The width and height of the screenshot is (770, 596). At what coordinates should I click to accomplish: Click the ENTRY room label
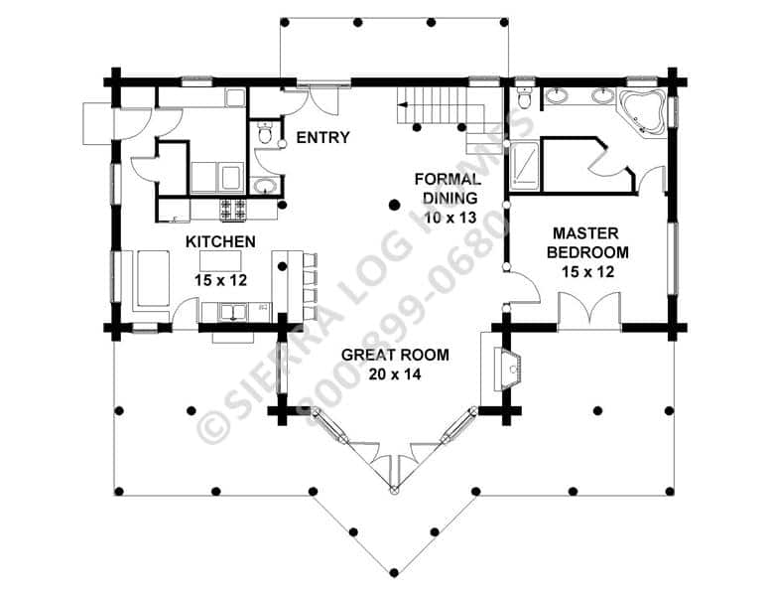[322, 137]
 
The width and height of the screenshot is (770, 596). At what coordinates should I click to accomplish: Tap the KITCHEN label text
[220, 241]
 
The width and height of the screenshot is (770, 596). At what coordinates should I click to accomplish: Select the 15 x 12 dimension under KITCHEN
[220, 280]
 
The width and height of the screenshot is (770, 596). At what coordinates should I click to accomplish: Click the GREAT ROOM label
[395, 355]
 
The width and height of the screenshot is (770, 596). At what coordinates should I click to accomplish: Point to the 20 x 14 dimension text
[395, 374]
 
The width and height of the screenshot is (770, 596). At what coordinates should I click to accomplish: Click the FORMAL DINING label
[448, 189]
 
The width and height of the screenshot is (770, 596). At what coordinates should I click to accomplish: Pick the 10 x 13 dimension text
[450, 217]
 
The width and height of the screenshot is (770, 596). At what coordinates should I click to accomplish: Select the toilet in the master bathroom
[525, 98]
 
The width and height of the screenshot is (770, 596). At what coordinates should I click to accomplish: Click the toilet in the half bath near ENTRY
[265, 133]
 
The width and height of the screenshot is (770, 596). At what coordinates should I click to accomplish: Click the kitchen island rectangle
[220, 261]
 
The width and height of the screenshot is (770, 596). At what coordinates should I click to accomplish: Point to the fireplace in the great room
[507, 369]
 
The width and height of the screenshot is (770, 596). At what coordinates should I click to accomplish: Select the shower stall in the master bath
[524, 166]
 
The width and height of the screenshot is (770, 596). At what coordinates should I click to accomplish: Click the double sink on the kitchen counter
[233, 312]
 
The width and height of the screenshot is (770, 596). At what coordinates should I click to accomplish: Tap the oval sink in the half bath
[266, 186]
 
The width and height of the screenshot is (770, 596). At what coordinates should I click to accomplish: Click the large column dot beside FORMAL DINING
[394, 205]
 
